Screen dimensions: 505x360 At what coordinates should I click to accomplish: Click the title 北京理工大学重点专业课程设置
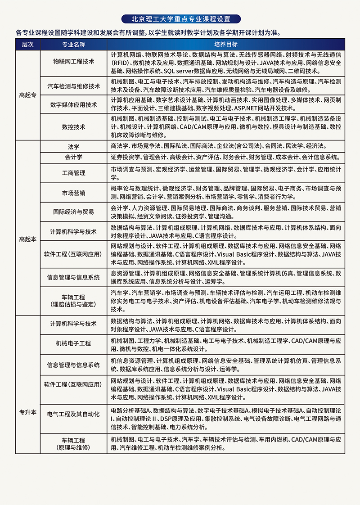point(180,19)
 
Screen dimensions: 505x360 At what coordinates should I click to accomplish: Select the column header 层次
point(27,45)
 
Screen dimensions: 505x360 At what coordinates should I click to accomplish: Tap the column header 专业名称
point(73,45)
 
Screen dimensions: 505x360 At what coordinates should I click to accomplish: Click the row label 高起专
point(27,95)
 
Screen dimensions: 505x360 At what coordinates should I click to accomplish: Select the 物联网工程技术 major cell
point(73,62)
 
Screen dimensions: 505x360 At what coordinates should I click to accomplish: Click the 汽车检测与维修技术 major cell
point(73,86)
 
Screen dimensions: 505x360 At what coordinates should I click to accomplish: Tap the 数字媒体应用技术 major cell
point(73,104)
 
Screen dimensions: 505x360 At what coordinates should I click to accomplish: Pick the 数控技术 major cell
point(73,127)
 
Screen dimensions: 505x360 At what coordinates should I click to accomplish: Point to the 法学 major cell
point(73,147)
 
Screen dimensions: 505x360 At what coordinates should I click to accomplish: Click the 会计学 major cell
point(73,157)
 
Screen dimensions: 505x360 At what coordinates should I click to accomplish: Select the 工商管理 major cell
point(73,172)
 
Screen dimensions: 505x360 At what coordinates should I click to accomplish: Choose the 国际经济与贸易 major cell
point(73,212)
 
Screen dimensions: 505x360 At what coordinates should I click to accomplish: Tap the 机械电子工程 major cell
point(73,343)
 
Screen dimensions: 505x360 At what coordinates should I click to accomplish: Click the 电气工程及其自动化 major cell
point(73,413)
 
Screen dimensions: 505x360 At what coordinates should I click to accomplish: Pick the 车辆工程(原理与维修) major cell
point(73,444)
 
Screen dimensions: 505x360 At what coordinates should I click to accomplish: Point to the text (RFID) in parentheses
point(120,63)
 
